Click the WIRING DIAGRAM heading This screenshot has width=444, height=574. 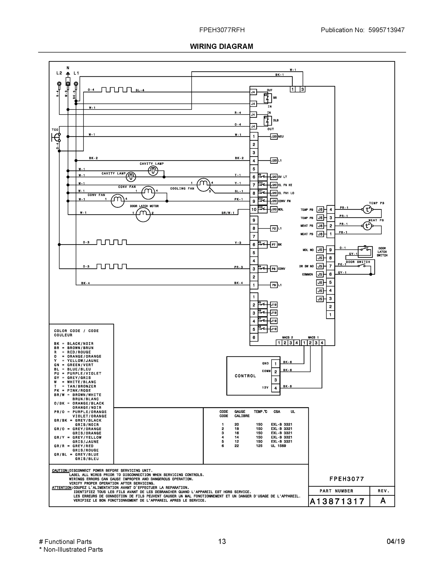[x=221, y=47]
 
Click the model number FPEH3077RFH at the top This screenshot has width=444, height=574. [x=222, y=30]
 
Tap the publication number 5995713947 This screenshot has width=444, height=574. [x=386, y=30]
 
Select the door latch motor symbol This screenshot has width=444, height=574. [x=143, y=215]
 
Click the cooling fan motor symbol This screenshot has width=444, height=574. [x=204, y=185]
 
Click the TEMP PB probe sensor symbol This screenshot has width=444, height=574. [x=367, y=210]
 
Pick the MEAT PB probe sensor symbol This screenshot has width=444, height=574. [x=367, y=226]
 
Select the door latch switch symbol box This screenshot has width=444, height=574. [x=365, y=252]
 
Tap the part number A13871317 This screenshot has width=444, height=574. [x=337, y=502]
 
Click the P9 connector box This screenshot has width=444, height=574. [x=274, y=285]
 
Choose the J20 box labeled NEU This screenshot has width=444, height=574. [x=274, y=137]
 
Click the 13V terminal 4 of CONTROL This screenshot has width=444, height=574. [x=275, y=388]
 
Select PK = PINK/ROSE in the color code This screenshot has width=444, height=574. [x=72, y=391]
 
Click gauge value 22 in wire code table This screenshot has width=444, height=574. [x=236, y=446]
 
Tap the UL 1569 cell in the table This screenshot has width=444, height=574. [x=278, y=446]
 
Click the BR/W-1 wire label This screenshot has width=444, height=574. [x=228, y=213]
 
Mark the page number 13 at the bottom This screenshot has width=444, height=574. [x=222, y=541]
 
